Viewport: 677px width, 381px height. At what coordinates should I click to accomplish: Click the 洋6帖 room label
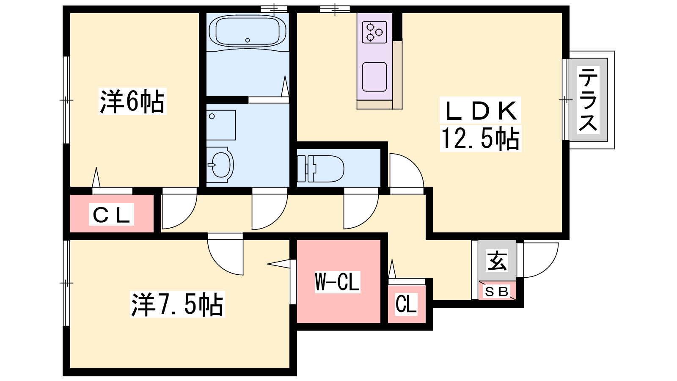(x=132, y=101)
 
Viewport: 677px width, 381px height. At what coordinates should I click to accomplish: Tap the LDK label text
(x=480, y=111)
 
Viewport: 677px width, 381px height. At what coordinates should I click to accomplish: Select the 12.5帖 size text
(x=480, y=138)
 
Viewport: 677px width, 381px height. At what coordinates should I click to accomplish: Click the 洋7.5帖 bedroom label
(x=177, y=304)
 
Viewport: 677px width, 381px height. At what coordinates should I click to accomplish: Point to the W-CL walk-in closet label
(x=337, y=282)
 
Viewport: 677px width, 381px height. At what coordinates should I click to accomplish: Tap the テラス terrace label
(x=588, y=99)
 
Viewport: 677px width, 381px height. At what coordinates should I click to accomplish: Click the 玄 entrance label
(x=497, y=261)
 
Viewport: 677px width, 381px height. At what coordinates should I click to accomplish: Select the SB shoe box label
(x=497, y=292)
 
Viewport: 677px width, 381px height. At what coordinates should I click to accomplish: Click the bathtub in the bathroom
(x=248, y=31)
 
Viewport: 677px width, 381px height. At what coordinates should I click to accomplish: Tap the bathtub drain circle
(x=248, y=40)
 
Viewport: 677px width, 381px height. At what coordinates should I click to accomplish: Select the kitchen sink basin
(x=374, y=77)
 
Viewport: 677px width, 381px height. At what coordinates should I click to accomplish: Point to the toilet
(x=321, y=169)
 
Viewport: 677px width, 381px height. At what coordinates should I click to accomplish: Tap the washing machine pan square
(x=221, y=125)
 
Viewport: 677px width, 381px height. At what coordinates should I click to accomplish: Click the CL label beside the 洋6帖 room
(x=111, y=214)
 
